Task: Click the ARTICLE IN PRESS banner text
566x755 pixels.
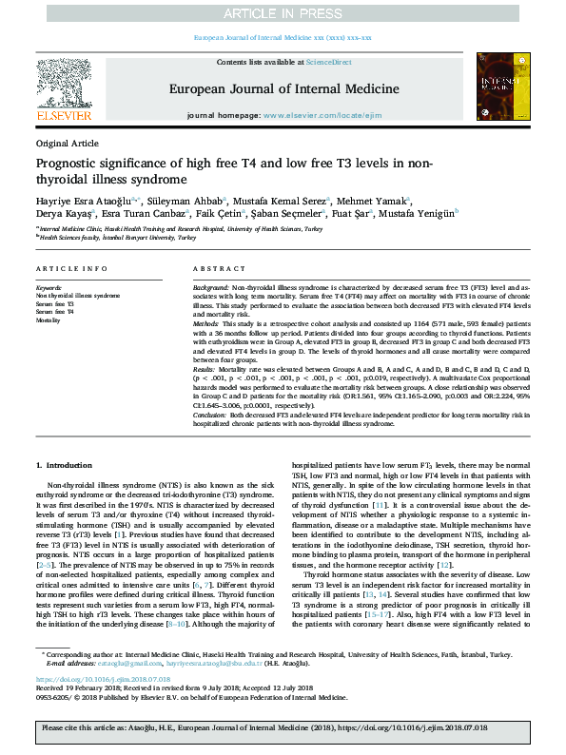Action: tap(283, 12)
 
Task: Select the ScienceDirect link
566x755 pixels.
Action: tap(328, 62)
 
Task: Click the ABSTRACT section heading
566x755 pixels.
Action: tap(213, 269)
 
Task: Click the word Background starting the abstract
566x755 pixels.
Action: tap(211, 286)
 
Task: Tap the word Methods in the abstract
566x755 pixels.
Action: tap(207, 323)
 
